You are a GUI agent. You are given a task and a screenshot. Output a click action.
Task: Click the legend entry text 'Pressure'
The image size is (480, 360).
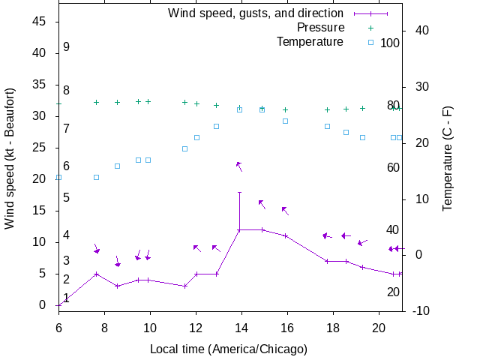pos(320,28)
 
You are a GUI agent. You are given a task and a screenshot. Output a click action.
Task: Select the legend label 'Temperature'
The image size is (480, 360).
pos(310,42)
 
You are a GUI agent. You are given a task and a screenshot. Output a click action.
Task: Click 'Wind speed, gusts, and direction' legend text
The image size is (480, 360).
pos(255,13)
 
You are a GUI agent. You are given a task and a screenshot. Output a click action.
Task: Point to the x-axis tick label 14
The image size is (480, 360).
pos(241,328)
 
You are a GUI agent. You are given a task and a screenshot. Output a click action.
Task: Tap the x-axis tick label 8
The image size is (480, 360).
pos(104,328)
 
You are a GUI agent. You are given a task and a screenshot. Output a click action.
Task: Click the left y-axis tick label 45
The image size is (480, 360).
pos(41,22)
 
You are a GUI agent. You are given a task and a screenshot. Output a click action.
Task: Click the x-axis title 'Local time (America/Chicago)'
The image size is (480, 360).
pos(229,349)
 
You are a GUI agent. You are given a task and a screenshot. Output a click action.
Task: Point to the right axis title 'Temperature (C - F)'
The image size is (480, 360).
pos(447,158)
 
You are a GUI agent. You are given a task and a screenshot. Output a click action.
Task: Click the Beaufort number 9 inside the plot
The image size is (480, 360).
pos(66,47)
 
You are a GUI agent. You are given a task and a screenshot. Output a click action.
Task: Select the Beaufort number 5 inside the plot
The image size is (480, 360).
pos(66,198)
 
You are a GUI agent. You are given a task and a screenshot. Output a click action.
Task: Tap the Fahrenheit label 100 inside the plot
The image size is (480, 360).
pos(390,43)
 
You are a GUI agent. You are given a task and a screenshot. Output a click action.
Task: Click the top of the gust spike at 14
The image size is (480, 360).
pos(239,192)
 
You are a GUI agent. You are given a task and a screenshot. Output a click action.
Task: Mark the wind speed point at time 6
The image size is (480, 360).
pos(58,305)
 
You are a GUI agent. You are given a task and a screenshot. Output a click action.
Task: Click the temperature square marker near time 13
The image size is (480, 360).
pos(216,126)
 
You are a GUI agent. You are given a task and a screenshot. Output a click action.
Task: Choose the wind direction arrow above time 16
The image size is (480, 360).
pos(285,211)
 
